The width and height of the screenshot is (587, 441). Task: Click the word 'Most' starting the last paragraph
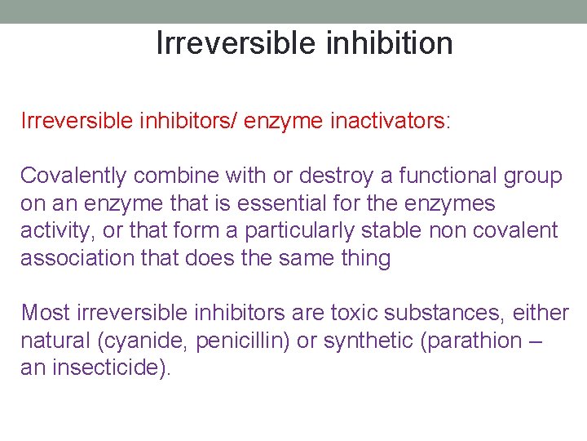pos(46,313)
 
